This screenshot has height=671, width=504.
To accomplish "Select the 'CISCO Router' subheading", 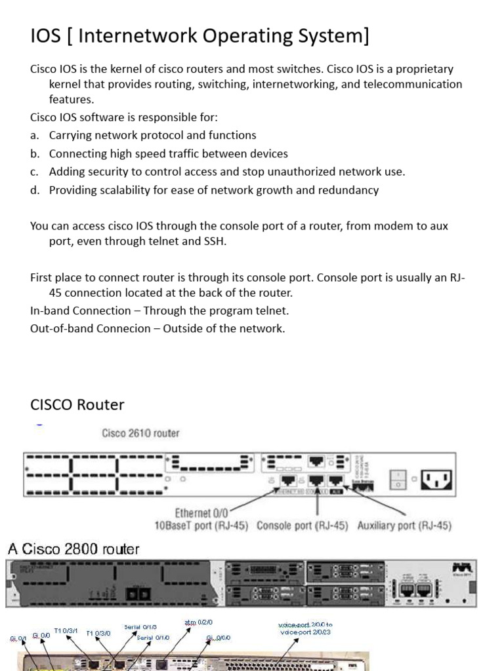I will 77,404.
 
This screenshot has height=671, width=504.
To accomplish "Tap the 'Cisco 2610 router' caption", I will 140,433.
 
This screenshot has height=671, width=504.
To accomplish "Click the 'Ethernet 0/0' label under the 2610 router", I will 201,513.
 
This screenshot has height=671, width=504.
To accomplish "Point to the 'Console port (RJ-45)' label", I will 303,526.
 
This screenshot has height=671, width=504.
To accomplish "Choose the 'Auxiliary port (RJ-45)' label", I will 404,526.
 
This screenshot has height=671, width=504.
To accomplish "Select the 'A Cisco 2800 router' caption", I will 73,549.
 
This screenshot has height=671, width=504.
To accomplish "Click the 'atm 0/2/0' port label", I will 198,622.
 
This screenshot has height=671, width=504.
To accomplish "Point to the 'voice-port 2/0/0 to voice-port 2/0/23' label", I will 305,629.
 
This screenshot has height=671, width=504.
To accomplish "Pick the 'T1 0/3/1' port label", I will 66,630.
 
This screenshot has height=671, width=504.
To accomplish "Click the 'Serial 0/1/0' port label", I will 153,638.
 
